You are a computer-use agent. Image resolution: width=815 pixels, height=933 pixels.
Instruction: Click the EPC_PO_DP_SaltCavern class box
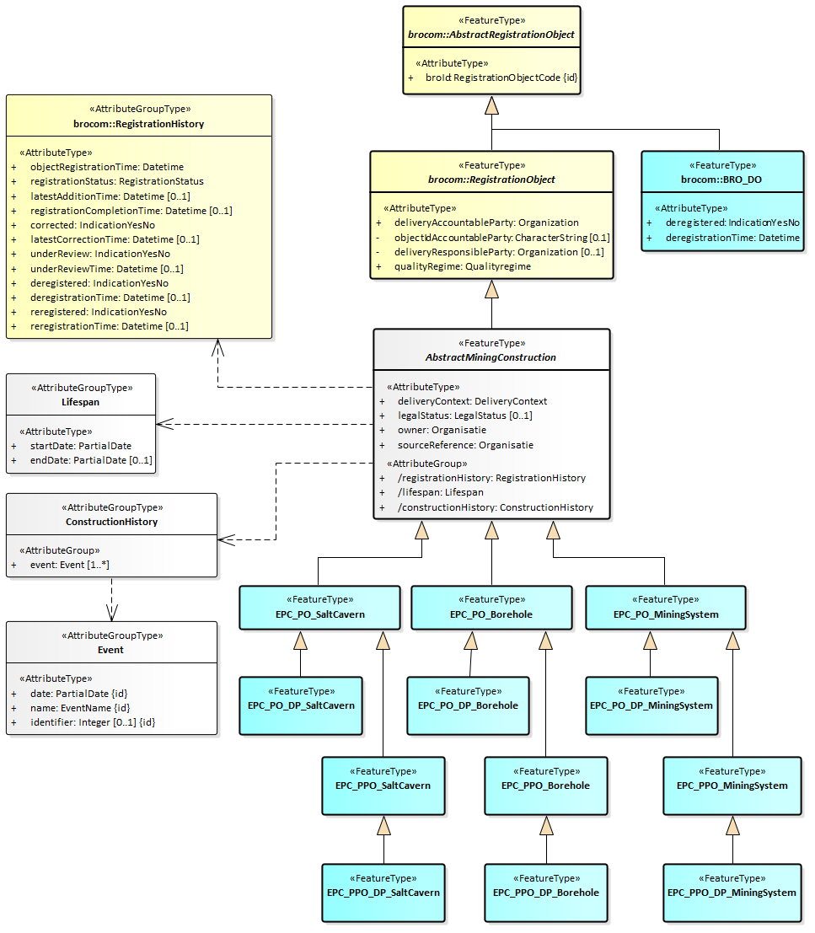point(301,705)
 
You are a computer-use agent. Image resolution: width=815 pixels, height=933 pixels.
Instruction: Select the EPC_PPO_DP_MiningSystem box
point(732,893)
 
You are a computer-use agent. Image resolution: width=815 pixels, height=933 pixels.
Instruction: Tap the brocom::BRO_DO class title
point(723,180)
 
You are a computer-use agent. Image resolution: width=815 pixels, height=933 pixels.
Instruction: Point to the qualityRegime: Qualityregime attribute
point(462,266)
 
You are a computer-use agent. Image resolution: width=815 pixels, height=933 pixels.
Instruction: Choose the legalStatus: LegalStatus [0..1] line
point(464,416)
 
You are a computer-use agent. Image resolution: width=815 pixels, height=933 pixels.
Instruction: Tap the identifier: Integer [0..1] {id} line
point(93,722)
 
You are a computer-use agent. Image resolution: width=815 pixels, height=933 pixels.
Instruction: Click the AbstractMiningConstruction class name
point(491,357)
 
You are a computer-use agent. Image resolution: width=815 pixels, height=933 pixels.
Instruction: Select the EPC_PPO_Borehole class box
point(545,786)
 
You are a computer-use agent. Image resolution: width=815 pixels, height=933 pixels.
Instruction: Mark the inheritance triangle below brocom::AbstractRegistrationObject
point(491,105)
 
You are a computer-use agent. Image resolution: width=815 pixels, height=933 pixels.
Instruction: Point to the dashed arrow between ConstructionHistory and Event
point(111,598)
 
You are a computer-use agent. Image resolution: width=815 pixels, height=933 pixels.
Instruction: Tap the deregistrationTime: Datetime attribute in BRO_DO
point(732,238)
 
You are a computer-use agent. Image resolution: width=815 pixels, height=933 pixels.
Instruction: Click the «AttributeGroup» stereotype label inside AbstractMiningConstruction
point(426,464)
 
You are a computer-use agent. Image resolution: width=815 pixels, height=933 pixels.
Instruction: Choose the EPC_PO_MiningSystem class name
point(665,614)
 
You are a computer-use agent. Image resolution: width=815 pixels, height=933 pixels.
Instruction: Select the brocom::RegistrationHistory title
point(138,124)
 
